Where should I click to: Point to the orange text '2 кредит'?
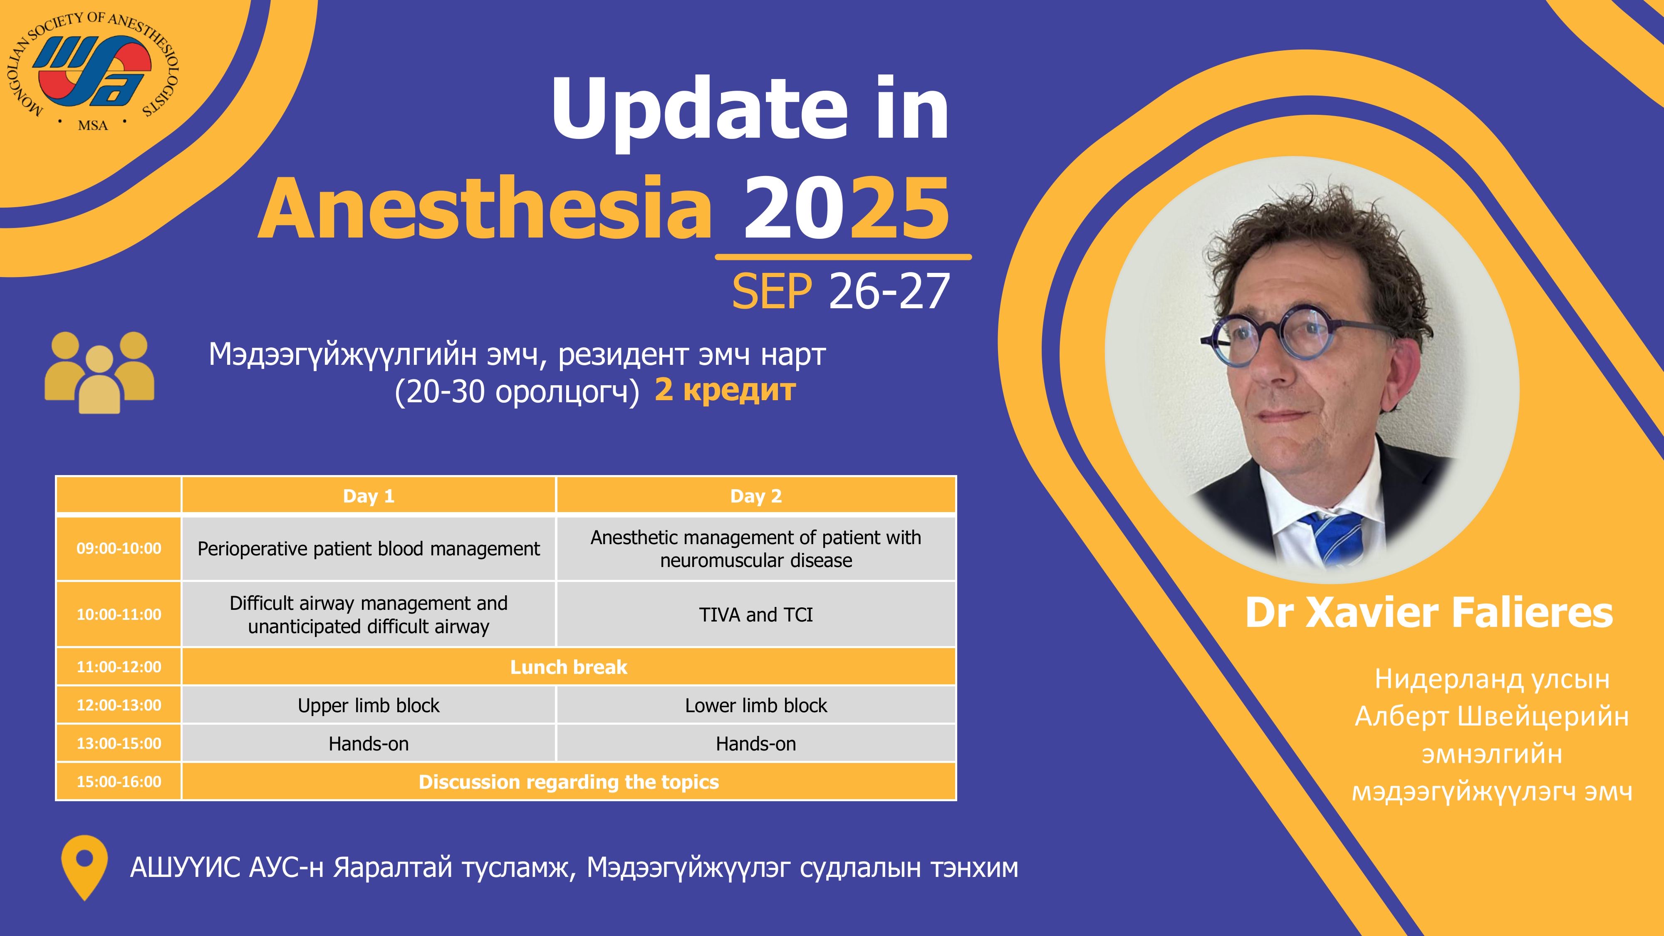pos(725,390)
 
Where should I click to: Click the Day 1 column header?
pos(368,496)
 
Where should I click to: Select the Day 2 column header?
pos(756,496)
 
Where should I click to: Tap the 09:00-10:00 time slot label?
pos(119,548)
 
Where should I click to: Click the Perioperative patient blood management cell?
pos(368,548)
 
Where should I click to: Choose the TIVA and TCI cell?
pos(756,614)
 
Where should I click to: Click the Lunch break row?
pos(568,666)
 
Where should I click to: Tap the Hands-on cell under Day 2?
pos(756,743)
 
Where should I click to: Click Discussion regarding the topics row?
pos(568,782)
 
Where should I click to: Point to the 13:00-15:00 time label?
pos(119,743)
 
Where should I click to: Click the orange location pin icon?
pos(84,867)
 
